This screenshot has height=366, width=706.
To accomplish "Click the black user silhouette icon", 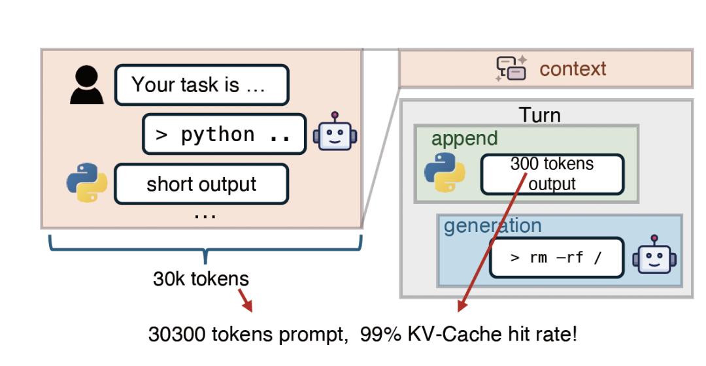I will [86, 85].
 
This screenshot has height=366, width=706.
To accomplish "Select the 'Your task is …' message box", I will [201, 85].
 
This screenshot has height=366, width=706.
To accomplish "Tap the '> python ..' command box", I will [224, 134].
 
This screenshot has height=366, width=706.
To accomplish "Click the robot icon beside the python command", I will [335, 134].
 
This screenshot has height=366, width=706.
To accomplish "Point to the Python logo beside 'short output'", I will [86, 183].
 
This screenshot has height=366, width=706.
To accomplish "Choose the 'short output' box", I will [201, 184].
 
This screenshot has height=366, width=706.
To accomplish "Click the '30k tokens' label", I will [201, 279].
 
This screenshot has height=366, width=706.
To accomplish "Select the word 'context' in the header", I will [573, 69].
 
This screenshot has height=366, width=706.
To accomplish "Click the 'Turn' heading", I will [540, 115].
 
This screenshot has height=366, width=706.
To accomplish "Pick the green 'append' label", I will [464, 138].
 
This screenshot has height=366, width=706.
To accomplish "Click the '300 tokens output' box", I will [552, 174].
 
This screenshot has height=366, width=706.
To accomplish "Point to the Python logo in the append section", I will [445, 173].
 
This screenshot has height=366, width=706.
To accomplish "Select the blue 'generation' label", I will [492, 225].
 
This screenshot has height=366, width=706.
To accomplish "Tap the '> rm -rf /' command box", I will [556, 257].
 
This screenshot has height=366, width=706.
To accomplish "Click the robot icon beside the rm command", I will [654, 256].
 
